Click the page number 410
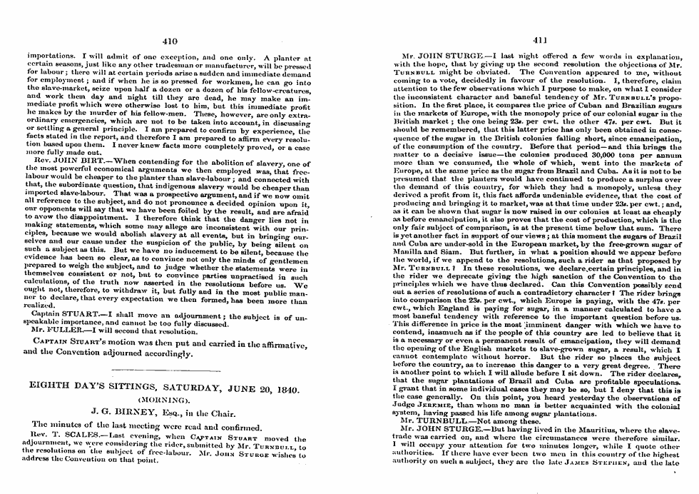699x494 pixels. click(x=169, y=41)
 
